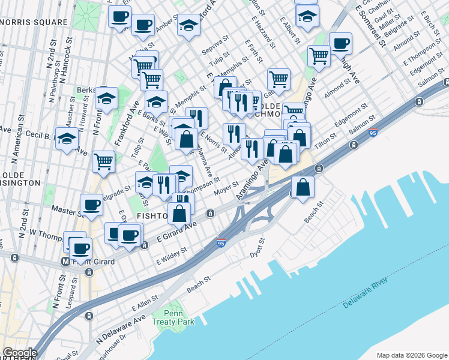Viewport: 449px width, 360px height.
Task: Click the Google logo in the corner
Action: pos(19,353)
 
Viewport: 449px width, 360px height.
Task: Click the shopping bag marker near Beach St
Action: pos(304,187)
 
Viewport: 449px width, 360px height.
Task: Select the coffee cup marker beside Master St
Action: pos(91,205)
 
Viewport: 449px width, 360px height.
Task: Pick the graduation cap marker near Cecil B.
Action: pos(67,139)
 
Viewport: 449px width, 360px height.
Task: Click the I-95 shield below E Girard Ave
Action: pos(221,243)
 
